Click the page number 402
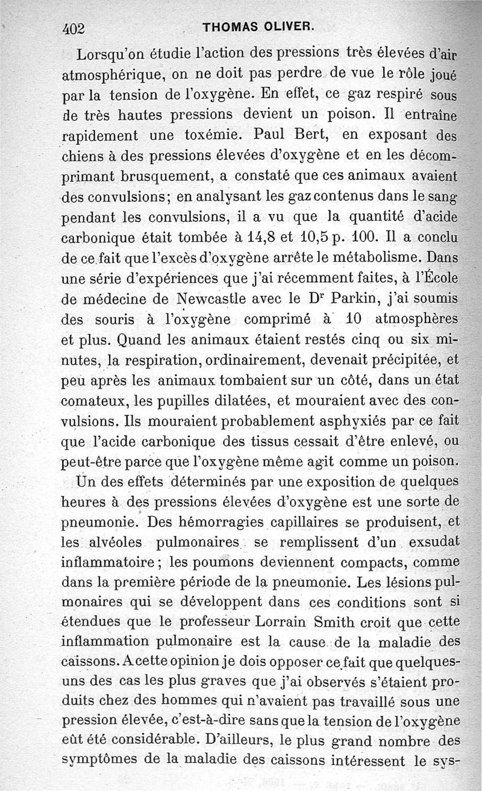(75, 28)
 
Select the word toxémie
(216, 134)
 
